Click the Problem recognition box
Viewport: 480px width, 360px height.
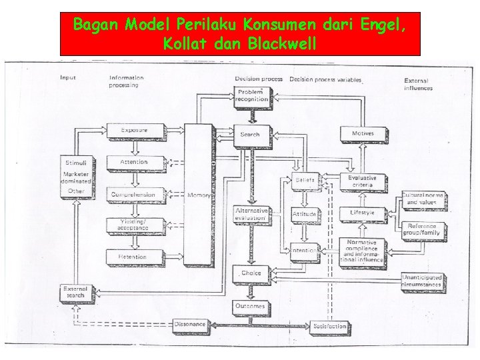coord(251,95)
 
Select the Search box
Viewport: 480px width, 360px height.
coord(250,134)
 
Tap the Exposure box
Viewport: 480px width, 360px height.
coord(134,131)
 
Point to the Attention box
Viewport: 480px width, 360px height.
coord(134,163)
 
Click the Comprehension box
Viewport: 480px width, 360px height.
coord(133,195)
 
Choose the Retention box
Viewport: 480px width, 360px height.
coord(133,257)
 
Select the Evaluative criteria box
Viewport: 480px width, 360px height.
coord(362,181)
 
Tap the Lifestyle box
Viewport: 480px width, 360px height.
coord(362,213)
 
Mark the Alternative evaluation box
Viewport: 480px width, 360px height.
coord(251,215)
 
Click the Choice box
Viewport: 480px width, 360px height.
coord(250,273)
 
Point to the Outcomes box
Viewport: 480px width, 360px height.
coord(250,306)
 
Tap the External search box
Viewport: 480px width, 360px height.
coord(75,293)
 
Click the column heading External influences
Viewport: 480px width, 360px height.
coord(418,83)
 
